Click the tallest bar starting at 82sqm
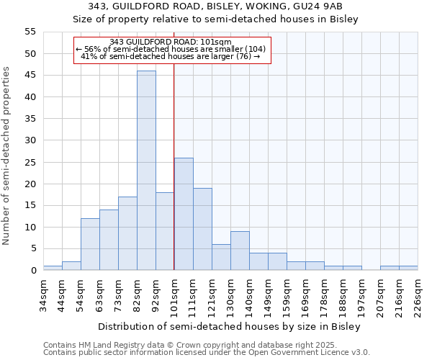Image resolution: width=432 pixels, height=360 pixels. pos(146,171)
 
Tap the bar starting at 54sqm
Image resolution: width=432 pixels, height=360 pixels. pos(90,244)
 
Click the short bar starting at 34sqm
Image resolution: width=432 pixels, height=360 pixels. pos(53,268)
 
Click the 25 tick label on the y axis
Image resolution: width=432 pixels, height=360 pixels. pos(30,162)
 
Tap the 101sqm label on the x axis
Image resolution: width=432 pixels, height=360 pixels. pos(174,294)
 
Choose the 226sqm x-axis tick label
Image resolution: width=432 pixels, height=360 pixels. pos(418,294)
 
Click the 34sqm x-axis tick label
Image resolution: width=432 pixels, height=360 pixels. pos(43,294)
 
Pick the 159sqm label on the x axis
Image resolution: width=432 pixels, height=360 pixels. pos(287,294)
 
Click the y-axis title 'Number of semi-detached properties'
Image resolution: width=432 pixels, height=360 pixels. pos(7,156)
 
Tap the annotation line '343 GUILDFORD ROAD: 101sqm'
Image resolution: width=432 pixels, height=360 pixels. pos(171,42)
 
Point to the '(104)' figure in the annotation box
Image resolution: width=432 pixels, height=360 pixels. pos(255,49)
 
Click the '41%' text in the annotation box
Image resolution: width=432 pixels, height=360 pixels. pos(89,56)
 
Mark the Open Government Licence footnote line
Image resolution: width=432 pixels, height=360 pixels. pos(207,353)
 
